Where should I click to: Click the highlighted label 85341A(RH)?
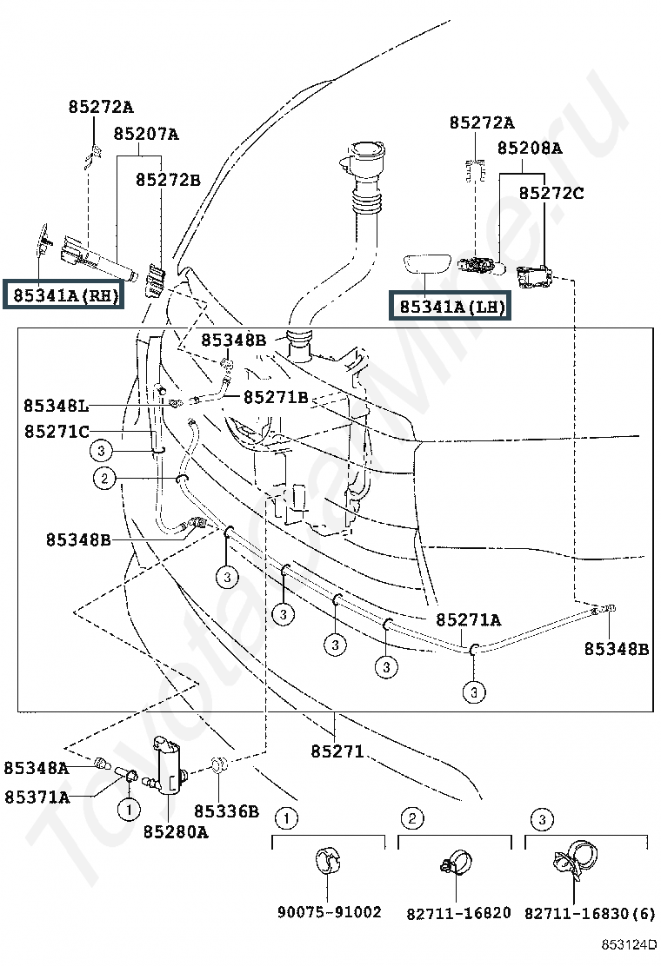64,295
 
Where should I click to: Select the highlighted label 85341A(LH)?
451,306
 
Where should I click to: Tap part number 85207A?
146,134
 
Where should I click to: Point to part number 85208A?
530,148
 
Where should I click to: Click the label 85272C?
551,193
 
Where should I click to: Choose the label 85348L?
56,406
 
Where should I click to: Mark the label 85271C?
57,431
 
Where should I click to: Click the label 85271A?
469,619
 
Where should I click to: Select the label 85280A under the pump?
176,831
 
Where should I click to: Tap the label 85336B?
226,811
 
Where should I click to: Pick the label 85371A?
37,797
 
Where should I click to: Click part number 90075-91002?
330,912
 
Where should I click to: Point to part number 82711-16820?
458,913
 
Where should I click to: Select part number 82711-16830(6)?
590,913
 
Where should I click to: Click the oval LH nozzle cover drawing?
428,264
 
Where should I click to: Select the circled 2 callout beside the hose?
104,478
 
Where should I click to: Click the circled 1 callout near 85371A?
129,809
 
